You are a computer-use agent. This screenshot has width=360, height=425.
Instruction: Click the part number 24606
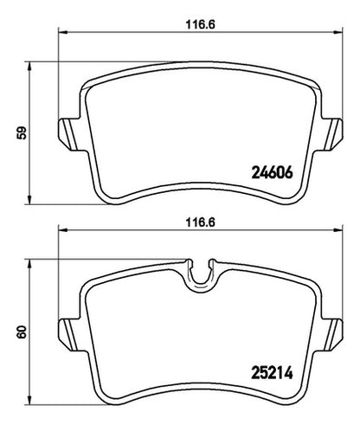[x=273, y=173]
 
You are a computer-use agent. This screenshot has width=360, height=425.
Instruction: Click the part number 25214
[x=273, y=373]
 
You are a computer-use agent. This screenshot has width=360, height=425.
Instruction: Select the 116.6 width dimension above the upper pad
[x=201, y=25]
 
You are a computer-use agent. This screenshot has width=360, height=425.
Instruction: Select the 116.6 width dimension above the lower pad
[x=201, y=222]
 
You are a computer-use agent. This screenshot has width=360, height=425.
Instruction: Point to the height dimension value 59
[x=22, y=132]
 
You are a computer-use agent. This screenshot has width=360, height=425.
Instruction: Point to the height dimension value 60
[x=22, y=332]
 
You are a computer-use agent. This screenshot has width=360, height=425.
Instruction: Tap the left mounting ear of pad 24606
[x=68, y=134]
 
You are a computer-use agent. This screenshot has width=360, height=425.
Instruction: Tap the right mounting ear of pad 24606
[x=333, y=134]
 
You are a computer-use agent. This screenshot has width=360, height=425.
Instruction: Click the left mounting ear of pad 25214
[x=68, y=335]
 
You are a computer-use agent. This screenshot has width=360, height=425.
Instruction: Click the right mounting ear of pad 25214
[x=333, y=335]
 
